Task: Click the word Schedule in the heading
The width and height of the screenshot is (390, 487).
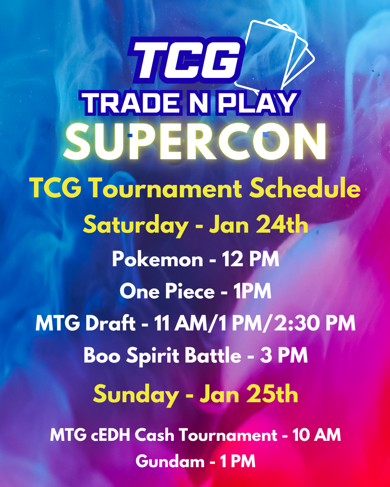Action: [x=305, y=188]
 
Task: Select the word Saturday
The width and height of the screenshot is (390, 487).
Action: [x=136, y=225]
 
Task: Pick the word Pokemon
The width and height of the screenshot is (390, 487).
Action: [x=157, y=259]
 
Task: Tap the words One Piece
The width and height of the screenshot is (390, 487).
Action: [x=167, y=291]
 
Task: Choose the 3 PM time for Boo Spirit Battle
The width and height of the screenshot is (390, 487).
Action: [x=284, y=356]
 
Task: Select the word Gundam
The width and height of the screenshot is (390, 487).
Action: [x=170, y=461]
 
